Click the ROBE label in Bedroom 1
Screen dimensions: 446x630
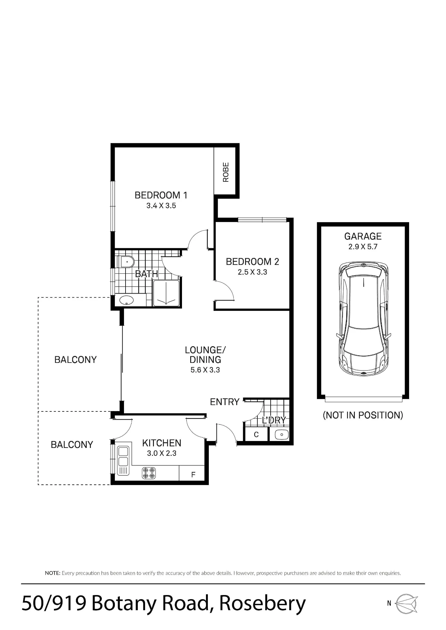pyautogui.click(x=226, y=172)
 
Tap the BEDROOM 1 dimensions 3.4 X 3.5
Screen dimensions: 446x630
pyautogui.click(x=161, y=206)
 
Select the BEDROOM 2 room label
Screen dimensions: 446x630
pyautogui.click(x=252, y=261)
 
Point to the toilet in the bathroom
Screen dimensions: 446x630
pyautogui.click(x=126, y=261)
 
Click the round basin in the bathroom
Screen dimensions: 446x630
pyautogui.click(x=126, y=300)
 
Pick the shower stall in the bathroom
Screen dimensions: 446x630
pyautogui.click(x=166, y=293)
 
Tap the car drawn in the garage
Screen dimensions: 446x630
pyautogui.click(x=363, y=319)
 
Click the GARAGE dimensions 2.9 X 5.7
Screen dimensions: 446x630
pyautogui.click(x=363, y=247)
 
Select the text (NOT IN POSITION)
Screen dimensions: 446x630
pyautogui.click(x=363, y=415)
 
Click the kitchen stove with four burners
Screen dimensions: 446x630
pyautogui.click(x=149, y=472)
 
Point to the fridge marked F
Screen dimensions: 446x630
pyautogui.click(x=192, y=473)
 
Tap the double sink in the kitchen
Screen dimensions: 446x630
pyautogui.click(x=123, y=461)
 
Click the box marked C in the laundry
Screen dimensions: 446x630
pyautogui.click(x=256, y=434)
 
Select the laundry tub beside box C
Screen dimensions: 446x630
pyautogui.click(x=282, y=435)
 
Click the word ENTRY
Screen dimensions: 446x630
pyautogui.click(x=225, y=402)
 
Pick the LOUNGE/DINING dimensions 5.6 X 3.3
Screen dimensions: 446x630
pyautogui.click(x=205, y=370)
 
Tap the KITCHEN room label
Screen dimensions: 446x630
pyautogui.click(x=162, y=443)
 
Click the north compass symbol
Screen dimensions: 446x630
pyautogui.click(x=407, y=604)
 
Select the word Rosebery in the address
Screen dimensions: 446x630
pyautogui.click(x=262, y=603)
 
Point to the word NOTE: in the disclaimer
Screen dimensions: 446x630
pyautogui.click(x=53, y=573)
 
